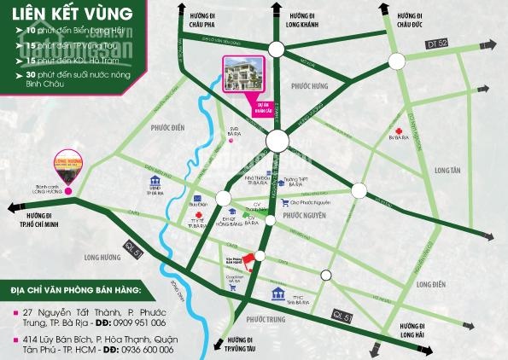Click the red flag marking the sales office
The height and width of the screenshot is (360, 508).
click(x=249, y=258)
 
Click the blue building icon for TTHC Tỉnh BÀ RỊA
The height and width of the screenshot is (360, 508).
click(x=278, y=294)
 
